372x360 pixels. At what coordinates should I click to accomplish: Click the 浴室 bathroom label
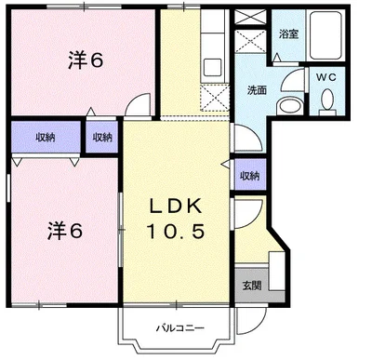click(288, 34)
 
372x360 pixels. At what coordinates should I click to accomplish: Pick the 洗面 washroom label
click(257, 90)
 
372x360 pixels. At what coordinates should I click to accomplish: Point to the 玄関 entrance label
click(252, 285)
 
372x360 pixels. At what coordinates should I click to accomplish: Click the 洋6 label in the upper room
click(84, 61)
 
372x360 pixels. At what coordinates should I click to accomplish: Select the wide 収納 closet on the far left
click(46, 137)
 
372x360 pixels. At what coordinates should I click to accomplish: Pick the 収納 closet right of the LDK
click(249, 175)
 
